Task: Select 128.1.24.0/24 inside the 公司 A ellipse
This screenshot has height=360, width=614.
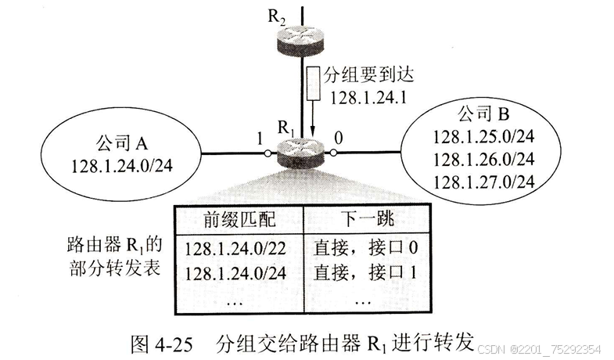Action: [x=121, y=166]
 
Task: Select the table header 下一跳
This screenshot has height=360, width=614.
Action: [x=363, y=217]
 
